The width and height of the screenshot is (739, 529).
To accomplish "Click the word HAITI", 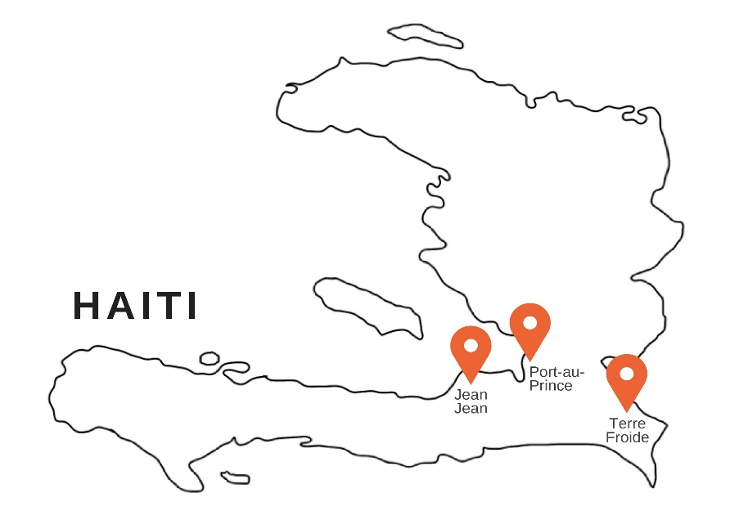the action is coord(135,306).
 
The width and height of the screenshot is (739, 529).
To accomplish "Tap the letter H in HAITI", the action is coord(86,306).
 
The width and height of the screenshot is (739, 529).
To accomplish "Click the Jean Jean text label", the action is coord(471,401).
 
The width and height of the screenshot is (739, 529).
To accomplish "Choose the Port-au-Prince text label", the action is coord(551,379).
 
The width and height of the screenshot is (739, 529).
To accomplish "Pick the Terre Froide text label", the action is coord(628,431).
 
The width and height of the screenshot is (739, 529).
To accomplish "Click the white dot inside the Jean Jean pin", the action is coord(471,346).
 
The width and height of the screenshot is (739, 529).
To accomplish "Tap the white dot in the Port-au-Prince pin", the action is coord(529,322).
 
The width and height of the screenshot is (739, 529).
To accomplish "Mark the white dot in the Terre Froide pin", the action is coord(627,374).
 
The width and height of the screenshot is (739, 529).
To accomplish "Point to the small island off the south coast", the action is coord(235,477).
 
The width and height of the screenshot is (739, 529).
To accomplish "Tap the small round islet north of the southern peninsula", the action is coord(210,358).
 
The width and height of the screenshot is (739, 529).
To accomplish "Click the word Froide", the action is coord(628,437).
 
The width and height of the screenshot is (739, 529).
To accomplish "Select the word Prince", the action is coord(551,385).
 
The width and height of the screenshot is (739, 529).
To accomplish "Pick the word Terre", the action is coord(628,424).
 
